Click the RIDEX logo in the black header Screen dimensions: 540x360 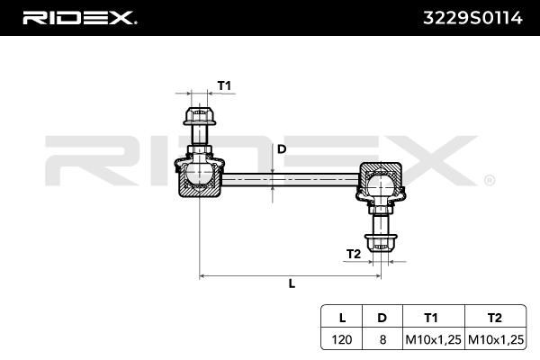click(79, 18)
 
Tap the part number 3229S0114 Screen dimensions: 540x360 click(472, 18)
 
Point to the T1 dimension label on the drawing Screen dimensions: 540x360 click(224, 85)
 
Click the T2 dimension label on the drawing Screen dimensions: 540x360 click(354, 254)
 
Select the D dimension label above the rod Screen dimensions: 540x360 click(282, 149)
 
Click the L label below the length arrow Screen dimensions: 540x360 click(292, 283)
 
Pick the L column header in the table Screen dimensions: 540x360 click(342, 318)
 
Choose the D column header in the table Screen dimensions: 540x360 click(382, 318)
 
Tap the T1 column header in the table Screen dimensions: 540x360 click(431, 318)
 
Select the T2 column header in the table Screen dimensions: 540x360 click(495, 318)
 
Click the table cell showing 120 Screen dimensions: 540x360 click(342, 339)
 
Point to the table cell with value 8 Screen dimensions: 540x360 click(382, 339)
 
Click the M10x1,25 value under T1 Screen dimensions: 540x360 click(433, 339)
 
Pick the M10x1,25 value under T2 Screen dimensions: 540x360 click(496, 339)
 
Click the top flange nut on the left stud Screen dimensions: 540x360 click(200, 116)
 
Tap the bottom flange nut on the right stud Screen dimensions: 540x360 click(381, 243)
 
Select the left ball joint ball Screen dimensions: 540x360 click(200, 175)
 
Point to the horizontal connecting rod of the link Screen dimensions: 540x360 click(291, 179)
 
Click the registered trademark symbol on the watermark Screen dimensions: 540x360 click(490, 181)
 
